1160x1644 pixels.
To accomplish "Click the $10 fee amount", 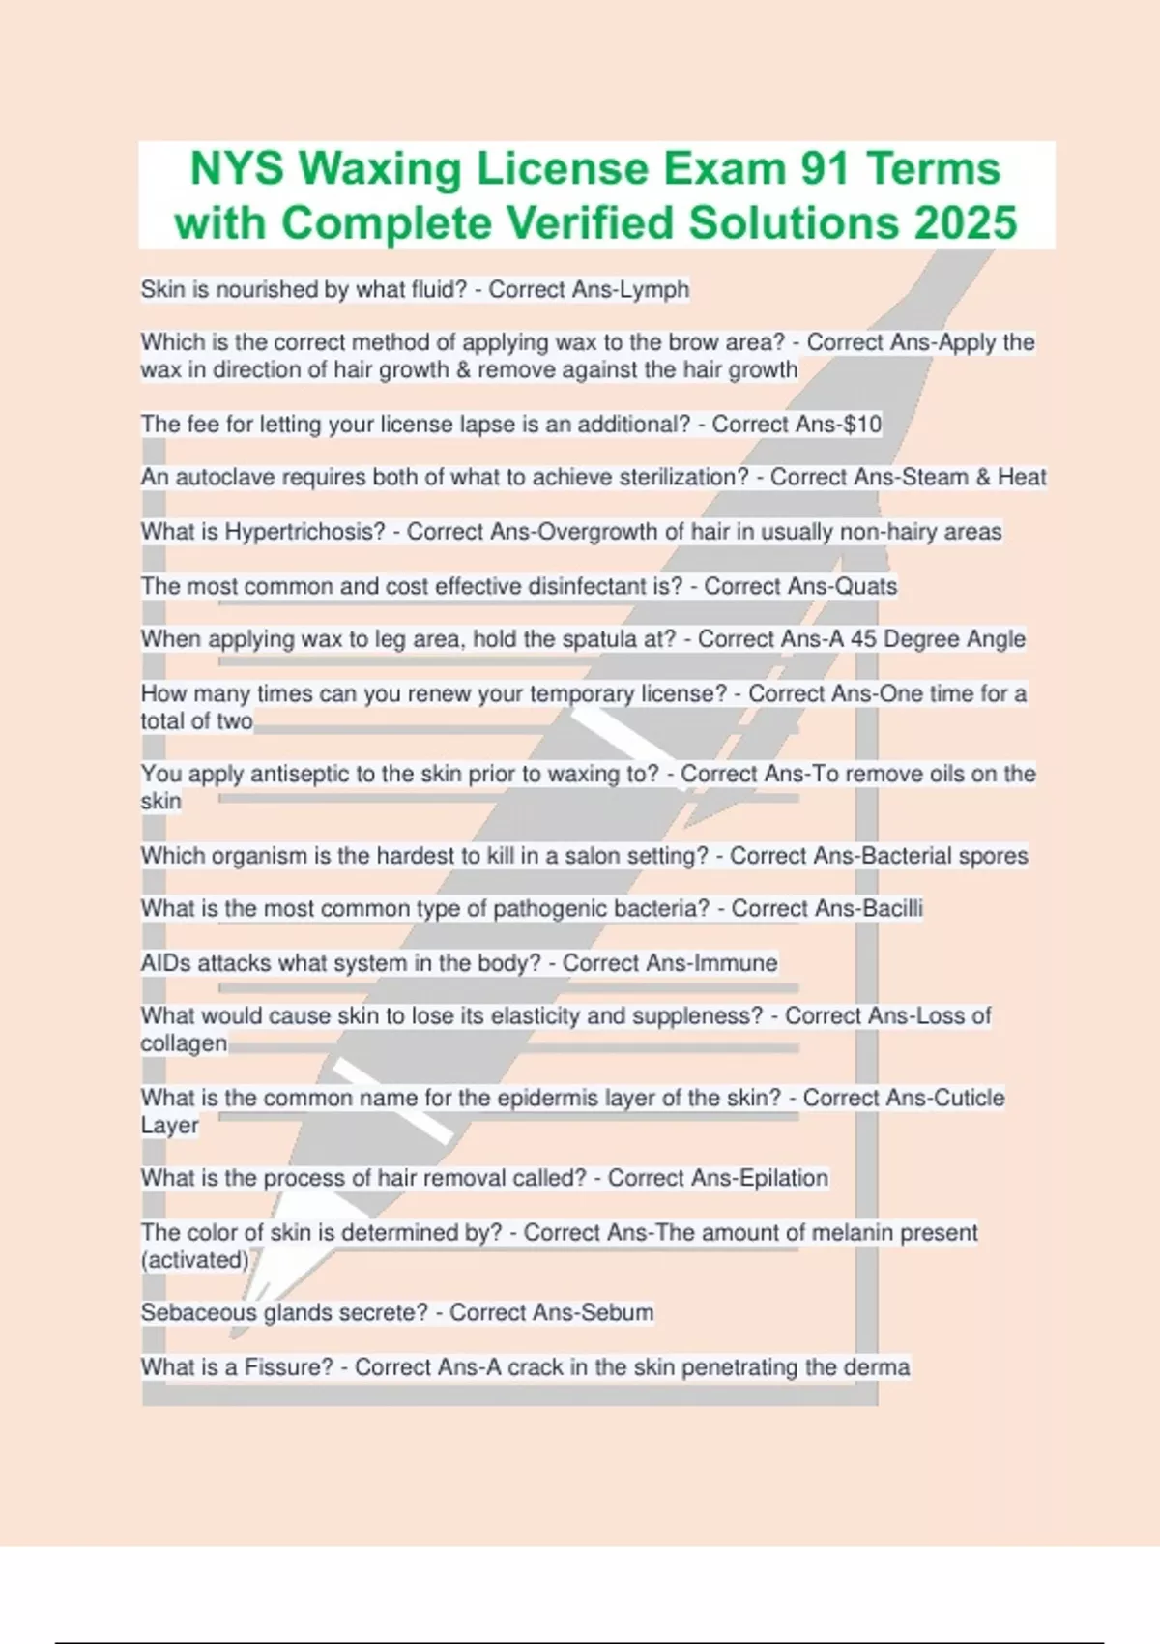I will (x=862, y=424).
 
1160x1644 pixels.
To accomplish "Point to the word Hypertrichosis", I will (x=304, y=531).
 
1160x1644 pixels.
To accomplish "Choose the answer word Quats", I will (x=866, y=586).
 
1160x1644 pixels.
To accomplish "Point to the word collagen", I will (x=184, y=1043).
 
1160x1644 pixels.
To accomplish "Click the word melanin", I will (x=852, y=1232).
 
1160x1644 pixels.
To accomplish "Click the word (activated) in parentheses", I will (x=194, y=1259).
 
